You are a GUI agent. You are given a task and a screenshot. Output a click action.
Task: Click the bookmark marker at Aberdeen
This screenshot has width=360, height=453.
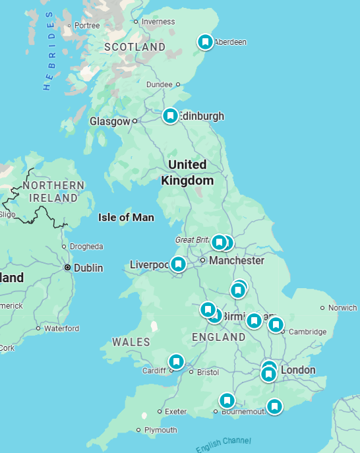(x=206, y=42)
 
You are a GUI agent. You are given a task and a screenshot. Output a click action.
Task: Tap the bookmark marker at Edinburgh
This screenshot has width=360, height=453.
(x=170, y=116)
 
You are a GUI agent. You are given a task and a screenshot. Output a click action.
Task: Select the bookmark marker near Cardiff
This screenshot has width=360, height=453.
(x=176, y=361)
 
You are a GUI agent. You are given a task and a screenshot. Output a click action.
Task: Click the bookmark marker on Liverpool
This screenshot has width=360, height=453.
(x=178, y=264)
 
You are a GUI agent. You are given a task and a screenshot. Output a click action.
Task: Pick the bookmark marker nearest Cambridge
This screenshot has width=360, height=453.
(x=276, y=324)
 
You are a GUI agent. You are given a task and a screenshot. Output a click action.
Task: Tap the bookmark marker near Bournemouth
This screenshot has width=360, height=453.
(x=227, y=400)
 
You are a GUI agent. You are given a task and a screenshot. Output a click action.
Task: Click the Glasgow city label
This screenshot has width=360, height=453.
(x=109, y=121)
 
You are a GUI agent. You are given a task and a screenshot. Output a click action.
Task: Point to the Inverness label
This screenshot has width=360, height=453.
(x=158, y=22)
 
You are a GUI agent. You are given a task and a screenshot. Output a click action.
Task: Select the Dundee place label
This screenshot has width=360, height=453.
(x=159, y=84)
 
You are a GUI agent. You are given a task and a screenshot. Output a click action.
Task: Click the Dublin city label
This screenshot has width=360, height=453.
(x=88, y=268)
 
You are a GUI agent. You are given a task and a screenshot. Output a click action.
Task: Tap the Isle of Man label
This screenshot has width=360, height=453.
(x=126, y=217)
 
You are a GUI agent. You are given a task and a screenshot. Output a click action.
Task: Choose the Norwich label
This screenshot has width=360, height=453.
(x=342, y=308)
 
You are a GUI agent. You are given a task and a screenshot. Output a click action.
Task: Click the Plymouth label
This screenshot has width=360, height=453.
(x=161, y=430)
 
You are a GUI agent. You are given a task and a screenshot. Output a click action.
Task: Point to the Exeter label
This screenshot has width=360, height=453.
(x=176, y=411)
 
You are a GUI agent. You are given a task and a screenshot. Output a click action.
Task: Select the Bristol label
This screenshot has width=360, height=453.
(x=208, y=372)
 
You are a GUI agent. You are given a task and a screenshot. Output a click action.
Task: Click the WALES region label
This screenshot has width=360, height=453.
(x=131, y=342)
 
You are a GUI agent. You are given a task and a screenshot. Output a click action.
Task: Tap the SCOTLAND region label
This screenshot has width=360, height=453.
(x=135, y=47)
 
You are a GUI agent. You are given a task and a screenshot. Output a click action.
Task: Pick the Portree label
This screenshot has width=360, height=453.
(x=87, y=26)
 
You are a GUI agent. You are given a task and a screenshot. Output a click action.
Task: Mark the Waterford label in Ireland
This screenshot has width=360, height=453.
(x=61, y=328)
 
